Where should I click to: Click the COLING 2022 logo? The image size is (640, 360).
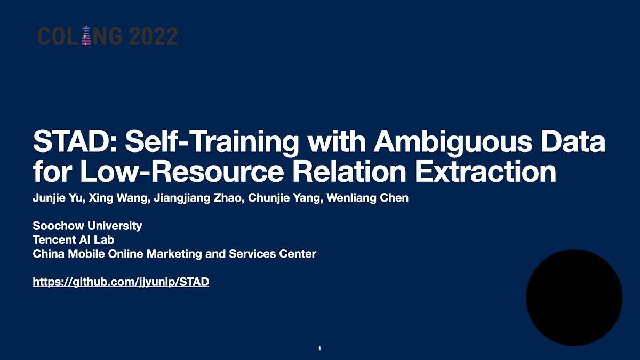107,36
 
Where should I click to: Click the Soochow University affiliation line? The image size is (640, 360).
87,226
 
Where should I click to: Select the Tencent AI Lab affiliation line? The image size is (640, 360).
74,240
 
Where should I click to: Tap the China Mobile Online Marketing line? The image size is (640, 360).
174,254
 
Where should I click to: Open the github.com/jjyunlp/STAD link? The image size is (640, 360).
121,282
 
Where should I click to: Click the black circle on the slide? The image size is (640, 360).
574,298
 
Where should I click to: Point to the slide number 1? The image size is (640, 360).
319,349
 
